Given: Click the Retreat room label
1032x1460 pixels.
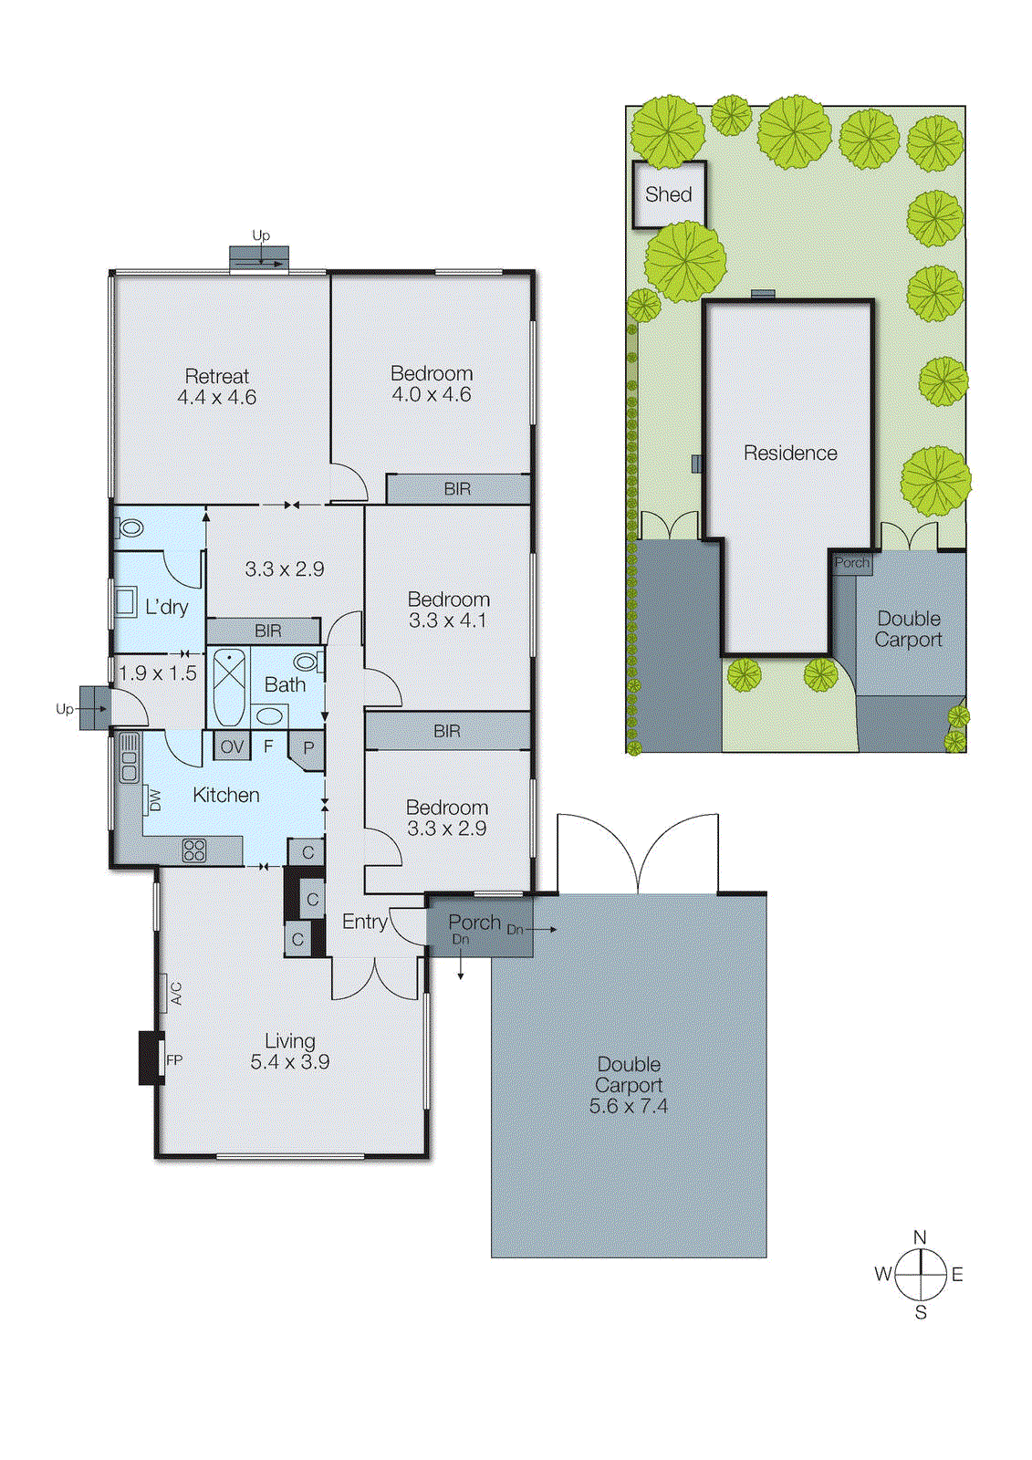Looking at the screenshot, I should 216,376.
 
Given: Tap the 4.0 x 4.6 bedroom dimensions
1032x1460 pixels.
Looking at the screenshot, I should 432,395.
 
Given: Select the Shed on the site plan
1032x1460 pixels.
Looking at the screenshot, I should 669,194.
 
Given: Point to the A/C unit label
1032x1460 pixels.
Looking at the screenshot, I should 176,993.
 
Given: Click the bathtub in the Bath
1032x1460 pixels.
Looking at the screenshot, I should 229,686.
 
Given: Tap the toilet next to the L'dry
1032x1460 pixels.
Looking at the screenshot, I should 130,527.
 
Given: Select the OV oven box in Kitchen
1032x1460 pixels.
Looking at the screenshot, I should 232,746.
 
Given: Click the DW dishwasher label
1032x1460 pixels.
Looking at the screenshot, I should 154,800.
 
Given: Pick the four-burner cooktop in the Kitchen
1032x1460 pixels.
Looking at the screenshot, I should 194,850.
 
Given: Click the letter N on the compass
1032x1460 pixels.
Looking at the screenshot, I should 920,1237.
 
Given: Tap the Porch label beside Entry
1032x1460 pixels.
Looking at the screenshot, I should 474,923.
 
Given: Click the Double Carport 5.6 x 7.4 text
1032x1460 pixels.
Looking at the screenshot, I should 629,1085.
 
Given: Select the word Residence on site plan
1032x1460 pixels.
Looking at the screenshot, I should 790,453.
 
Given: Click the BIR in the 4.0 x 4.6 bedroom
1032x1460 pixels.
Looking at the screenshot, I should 457,489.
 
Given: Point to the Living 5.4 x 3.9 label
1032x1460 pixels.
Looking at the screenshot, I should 290,1051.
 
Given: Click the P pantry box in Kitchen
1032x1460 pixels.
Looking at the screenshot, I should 308,748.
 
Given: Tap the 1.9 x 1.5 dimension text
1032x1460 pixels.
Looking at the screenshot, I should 158,673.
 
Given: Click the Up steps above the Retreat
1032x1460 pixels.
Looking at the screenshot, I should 259,258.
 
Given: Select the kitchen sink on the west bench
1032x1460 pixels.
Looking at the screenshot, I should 129,757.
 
